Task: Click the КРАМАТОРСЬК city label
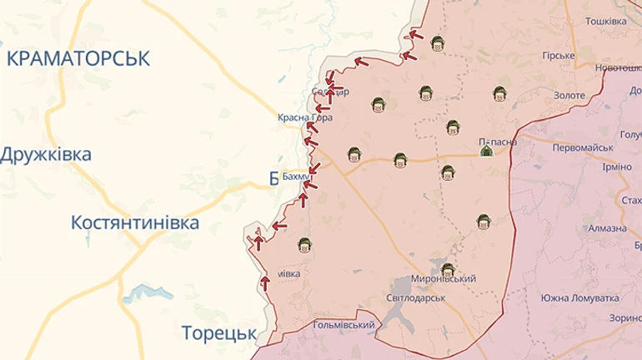77,58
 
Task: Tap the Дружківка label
46,155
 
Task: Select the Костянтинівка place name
136,223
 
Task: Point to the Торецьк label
218,333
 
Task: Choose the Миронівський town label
444,279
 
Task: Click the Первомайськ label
584,147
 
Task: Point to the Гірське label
559,56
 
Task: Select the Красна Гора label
305,118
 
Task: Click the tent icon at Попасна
485,151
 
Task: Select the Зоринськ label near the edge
625,317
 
